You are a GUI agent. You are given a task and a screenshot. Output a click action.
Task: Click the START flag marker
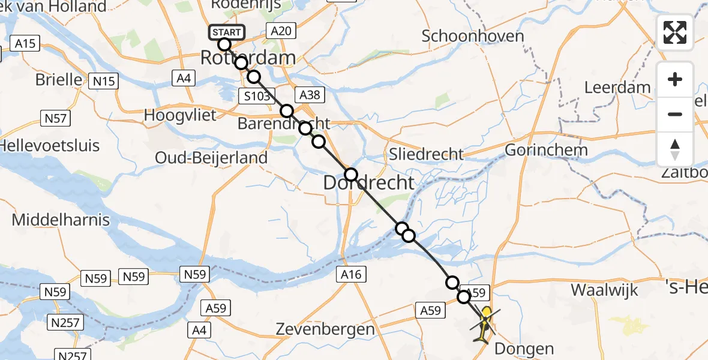coord(226,32)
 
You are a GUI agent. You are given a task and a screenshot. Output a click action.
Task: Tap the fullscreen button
coord(675,33)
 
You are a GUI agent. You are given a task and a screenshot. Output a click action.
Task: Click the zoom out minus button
coord(675,114)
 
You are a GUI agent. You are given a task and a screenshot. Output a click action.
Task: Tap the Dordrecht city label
coord(369,183)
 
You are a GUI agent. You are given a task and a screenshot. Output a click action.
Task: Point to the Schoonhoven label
coord(473,36)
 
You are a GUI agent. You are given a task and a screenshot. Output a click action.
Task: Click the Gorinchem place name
coord(545,149)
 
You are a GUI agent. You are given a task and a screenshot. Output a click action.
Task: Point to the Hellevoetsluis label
coord(50,146)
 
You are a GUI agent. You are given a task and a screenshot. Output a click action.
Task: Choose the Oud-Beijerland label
coord(211,158)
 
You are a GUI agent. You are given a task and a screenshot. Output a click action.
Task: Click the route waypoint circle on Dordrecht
coord(350,175)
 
